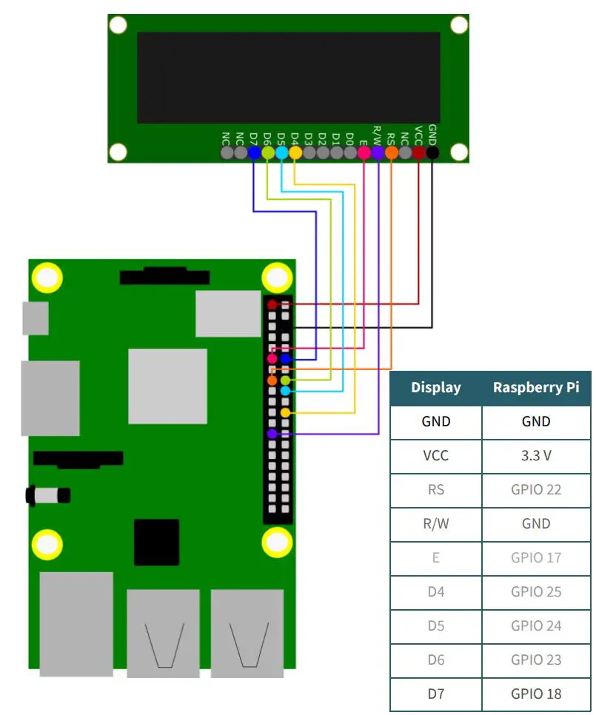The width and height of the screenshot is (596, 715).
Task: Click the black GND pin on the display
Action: (x=432, y=152)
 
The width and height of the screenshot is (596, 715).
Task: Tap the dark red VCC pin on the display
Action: (x=419, y=152)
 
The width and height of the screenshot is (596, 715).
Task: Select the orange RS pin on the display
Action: (x=392, y=152)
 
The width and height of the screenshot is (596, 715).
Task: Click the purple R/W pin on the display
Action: (x=378, y=152)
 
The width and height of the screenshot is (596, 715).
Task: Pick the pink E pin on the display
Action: (x=364, y=152)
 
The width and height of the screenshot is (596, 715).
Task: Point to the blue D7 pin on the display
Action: (x=254, y=152)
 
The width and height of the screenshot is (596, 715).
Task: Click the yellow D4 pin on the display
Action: (x=295, y=152)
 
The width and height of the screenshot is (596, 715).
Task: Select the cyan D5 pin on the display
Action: (x=281, y=152)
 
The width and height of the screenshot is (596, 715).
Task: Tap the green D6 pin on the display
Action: (x=268, y=152)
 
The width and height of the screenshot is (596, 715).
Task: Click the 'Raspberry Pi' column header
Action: (x=536, y=387)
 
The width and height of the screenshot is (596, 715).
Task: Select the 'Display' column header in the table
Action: (x=436, y=387)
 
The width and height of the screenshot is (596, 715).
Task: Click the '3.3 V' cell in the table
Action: (x=536, y=455)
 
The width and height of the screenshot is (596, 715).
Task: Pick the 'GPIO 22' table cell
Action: (x=536, y=489)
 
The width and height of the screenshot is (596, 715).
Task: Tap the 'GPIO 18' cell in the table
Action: (x=536, y=694)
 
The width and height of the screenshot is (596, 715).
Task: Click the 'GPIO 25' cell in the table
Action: (x=536, y=591)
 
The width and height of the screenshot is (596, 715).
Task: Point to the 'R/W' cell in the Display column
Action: (x=436, y=523)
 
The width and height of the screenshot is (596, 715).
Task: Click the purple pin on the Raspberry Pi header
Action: (x=272, y=434)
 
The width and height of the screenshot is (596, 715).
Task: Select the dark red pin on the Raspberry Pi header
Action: (x=272, y=304)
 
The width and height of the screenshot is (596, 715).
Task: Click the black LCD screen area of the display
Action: (x=289, y=77)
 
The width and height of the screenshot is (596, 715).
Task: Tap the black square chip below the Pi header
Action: (x=156, y=542)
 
